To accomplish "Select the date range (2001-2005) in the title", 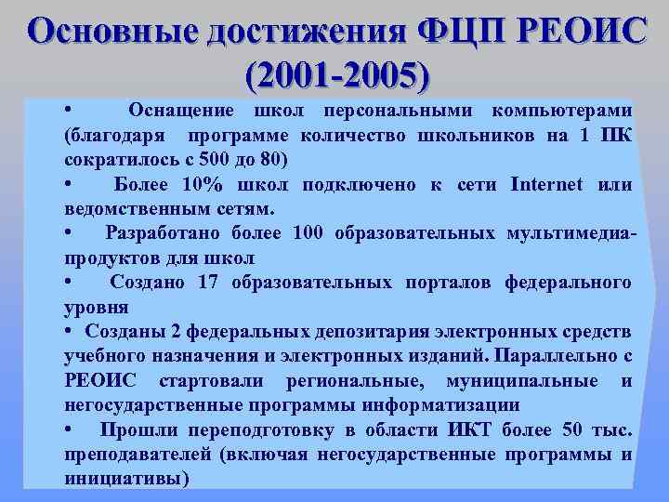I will pyautogui.click(x=335, y=73).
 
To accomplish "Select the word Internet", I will pyautogui.click(x=547, y=185).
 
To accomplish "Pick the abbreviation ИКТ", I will pyautogui.click(x=472, y=430).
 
